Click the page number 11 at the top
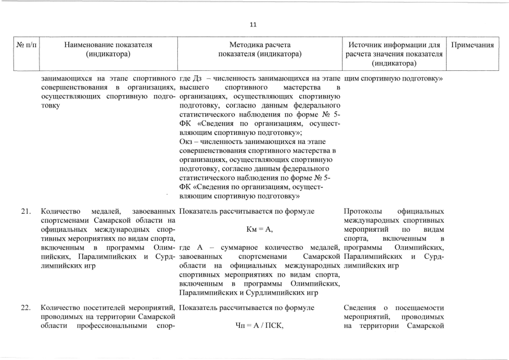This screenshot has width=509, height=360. point(253,25)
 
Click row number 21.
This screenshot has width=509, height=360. point(25,211)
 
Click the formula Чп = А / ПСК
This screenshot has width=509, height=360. point(259,326)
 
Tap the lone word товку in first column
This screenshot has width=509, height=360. point(52,105)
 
